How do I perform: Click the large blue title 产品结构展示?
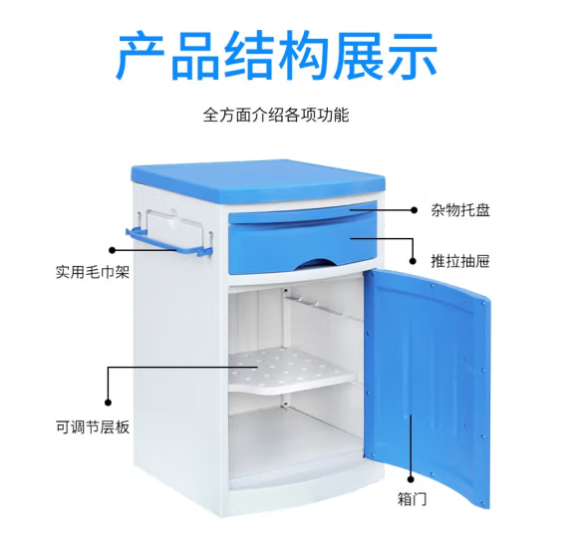[276, 55]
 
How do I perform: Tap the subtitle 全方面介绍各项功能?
[276, 115]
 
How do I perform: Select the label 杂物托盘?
[460, 210]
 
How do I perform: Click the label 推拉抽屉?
[460, 261]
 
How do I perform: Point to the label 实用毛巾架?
[93, 272]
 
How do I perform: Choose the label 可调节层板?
[93, 427]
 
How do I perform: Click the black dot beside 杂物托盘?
[414, 210]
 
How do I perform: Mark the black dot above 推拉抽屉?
[413, 261]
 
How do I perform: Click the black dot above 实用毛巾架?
[113, 250]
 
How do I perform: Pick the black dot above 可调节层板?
[108, 403]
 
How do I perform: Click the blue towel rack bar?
[169, 244]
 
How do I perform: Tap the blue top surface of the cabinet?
[258, 179]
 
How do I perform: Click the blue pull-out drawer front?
[303, 242]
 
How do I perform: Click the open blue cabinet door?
[428, 368]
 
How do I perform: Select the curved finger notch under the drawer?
[312, 264]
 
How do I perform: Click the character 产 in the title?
[141, 55]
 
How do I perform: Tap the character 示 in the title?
[412, 55]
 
